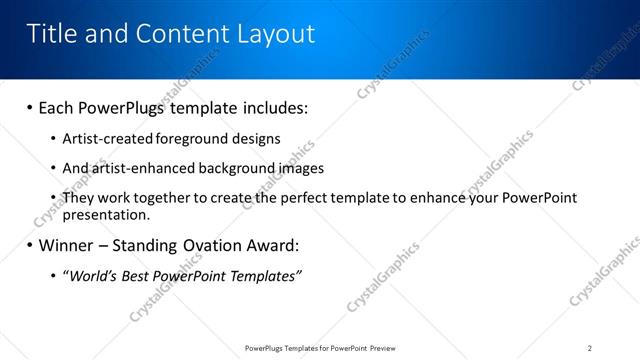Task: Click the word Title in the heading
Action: point(52,35)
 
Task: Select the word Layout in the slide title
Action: point(274,35)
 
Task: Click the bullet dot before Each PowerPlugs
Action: point(30,106)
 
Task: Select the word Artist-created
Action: point(107,139)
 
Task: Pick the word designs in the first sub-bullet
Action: point(260,139)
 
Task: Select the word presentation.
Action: point(106,214)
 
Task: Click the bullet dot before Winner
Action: point(30,244)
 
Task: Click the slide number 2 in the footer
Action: point(590,348)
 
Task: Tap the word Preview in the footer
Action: point(385,348)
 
